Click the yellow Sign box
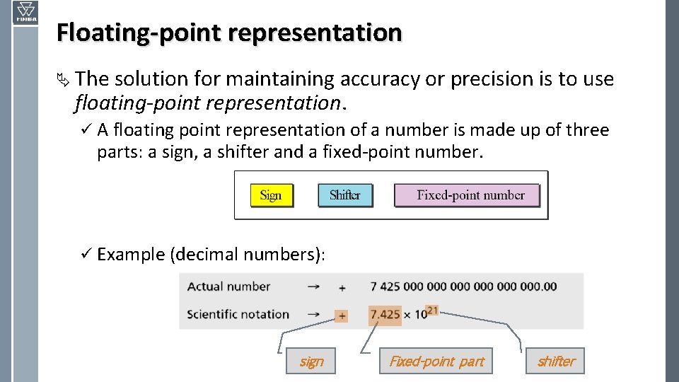coord(272,195)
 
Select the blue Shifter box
coord(345,195)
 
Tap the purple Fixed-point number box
coord(467,195)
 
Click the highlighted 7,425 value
coord(385,315)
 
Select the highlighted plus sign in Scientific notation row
coord(342,316)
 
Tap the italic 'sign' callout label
coord(311,361)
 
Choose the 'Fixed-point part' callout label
coord(436,361)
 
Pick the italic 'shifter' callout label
coord(557,361)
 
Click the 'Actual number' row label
coord(228,286)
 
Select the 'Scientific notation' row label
coord(238,314)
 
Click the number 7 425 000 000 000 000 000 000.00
coord(463,286)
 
